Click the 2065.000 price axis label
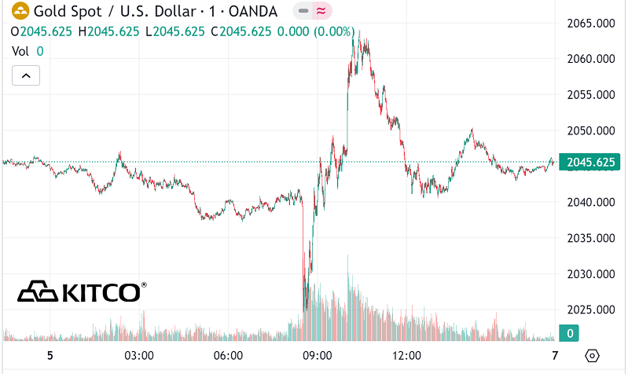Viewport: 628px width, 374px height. click(x=590, y=23)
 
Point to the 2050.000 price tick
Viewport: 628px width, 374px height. click(x=590, y=130)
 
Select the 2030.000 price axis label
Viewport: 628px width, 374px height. click(x=590, y=274)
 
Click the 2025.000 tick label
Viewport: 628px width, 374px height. click(x=590, y=310)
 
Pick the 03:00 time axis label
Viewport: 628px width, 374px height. click(x=139, y=355)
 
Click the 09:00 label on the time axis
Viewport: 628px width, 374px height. click(x=318, y=355)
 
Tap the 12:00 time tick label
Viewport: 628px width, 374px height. click(x=407, y=355)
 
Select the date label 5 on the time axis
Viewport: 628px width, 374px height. click(x=50, y=355)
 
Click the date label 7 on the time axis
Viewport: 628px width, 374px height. click(x=555, y=355)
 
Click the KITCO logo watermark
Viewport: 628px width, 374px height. click(x=82, y=291)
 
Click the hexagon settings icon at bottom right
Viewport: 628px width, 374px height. click(x=593, y=355)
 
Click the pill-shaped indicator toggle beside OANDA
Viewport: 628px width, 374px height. click(x=312, y=11)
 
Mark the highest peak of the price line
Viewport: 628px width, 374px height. click(x=358, y=32)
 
